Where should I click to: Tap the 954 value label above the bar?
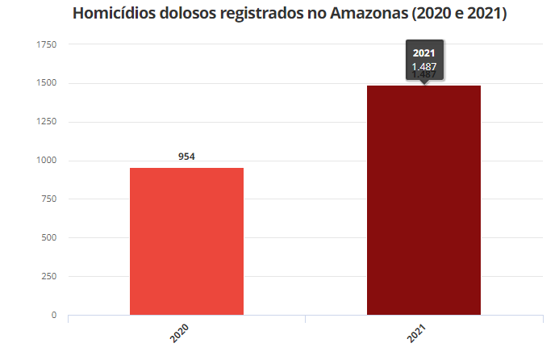(187, 157)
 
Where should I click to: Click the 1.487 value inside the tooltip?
(423, 66)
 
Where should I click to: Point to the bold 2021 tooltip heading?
(423, 53)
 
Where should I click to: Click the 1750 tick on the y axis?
(46, 44)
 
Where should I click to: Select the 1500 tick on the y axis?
(46, 83)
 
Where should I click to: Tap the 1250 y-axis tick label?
(46, 122)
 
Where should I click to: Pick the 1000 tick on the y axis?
(46, 161)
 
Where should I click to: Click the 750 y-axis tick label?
(48, 199)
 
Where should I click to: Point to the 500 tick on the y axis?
(48, 238)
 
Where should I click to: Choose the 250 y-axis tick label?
(48, 277)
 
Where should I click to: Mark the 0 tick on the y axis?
(54, 315)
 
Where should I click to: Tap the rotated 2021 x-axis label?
(417, 334)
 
